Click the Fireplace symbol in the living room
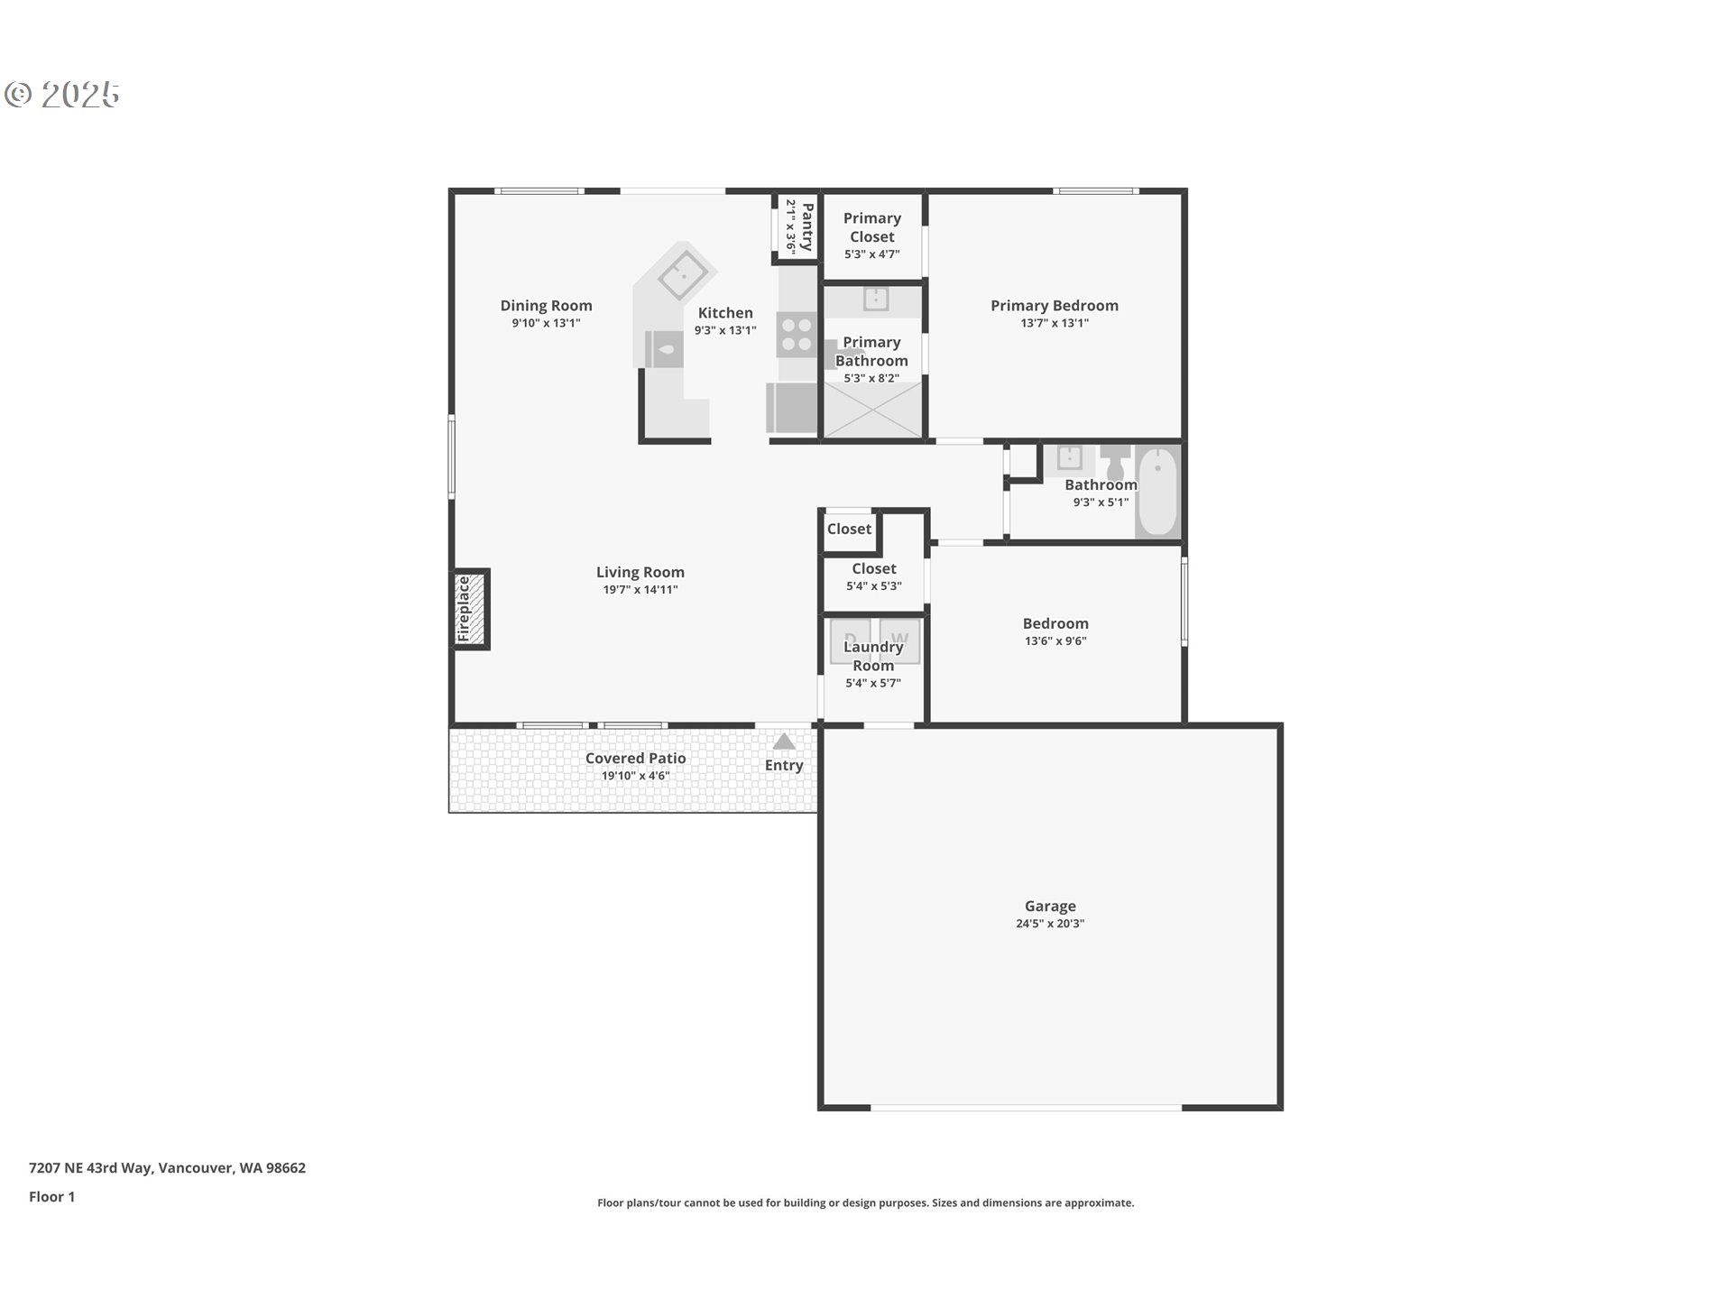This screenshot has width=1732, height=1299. [470, 609]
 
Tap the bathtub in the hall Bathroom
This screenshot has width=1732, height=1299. [1157, 493]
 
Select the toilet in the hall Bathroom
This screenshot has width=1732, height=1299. [1116, 462]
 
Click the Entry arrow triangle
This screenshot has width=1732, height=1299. [784, 742]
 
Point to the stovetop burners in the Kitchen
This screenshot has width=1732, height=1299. [797, 334]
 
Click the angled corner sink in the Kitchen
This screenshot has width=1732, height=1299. [683, 273]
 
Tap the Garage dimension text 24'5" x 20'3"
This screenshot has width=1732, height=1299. [1050, 924]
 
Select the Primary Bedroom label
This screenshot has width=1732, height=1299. [1055, 306]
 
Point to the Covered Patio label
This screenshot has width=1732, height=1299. [636, 759]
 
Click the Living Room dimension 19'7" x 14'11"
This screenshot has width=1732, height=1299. [640, 590]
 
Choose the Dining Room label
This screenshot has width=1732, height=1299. [547, 306]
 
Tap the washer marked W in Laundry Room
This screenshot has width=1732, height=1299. [900, 640]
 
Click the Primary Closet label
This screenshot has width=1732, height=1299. [872, 227]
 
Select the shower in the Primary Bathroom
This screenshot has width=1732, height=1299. [872, 410]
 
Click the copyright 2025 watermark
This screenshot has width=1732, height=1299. [62, 95]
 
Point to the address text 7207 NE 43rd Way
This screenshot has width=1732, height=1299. [90, 1167]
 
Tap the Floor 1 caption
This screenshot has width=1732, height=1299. [52, 1197]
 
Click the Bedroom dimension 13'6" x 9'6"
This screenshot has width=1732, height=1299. [1055, 641]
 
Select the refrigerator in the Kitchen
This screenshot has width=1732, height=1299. [792, 408]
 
